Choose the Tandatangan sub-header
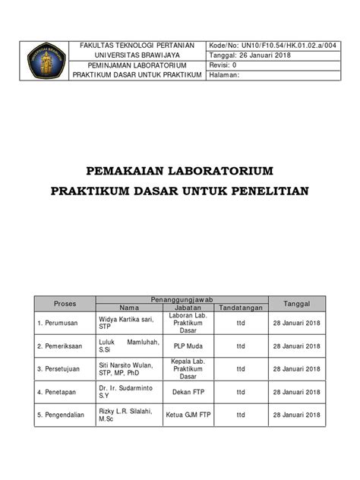tap(240, 308)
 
